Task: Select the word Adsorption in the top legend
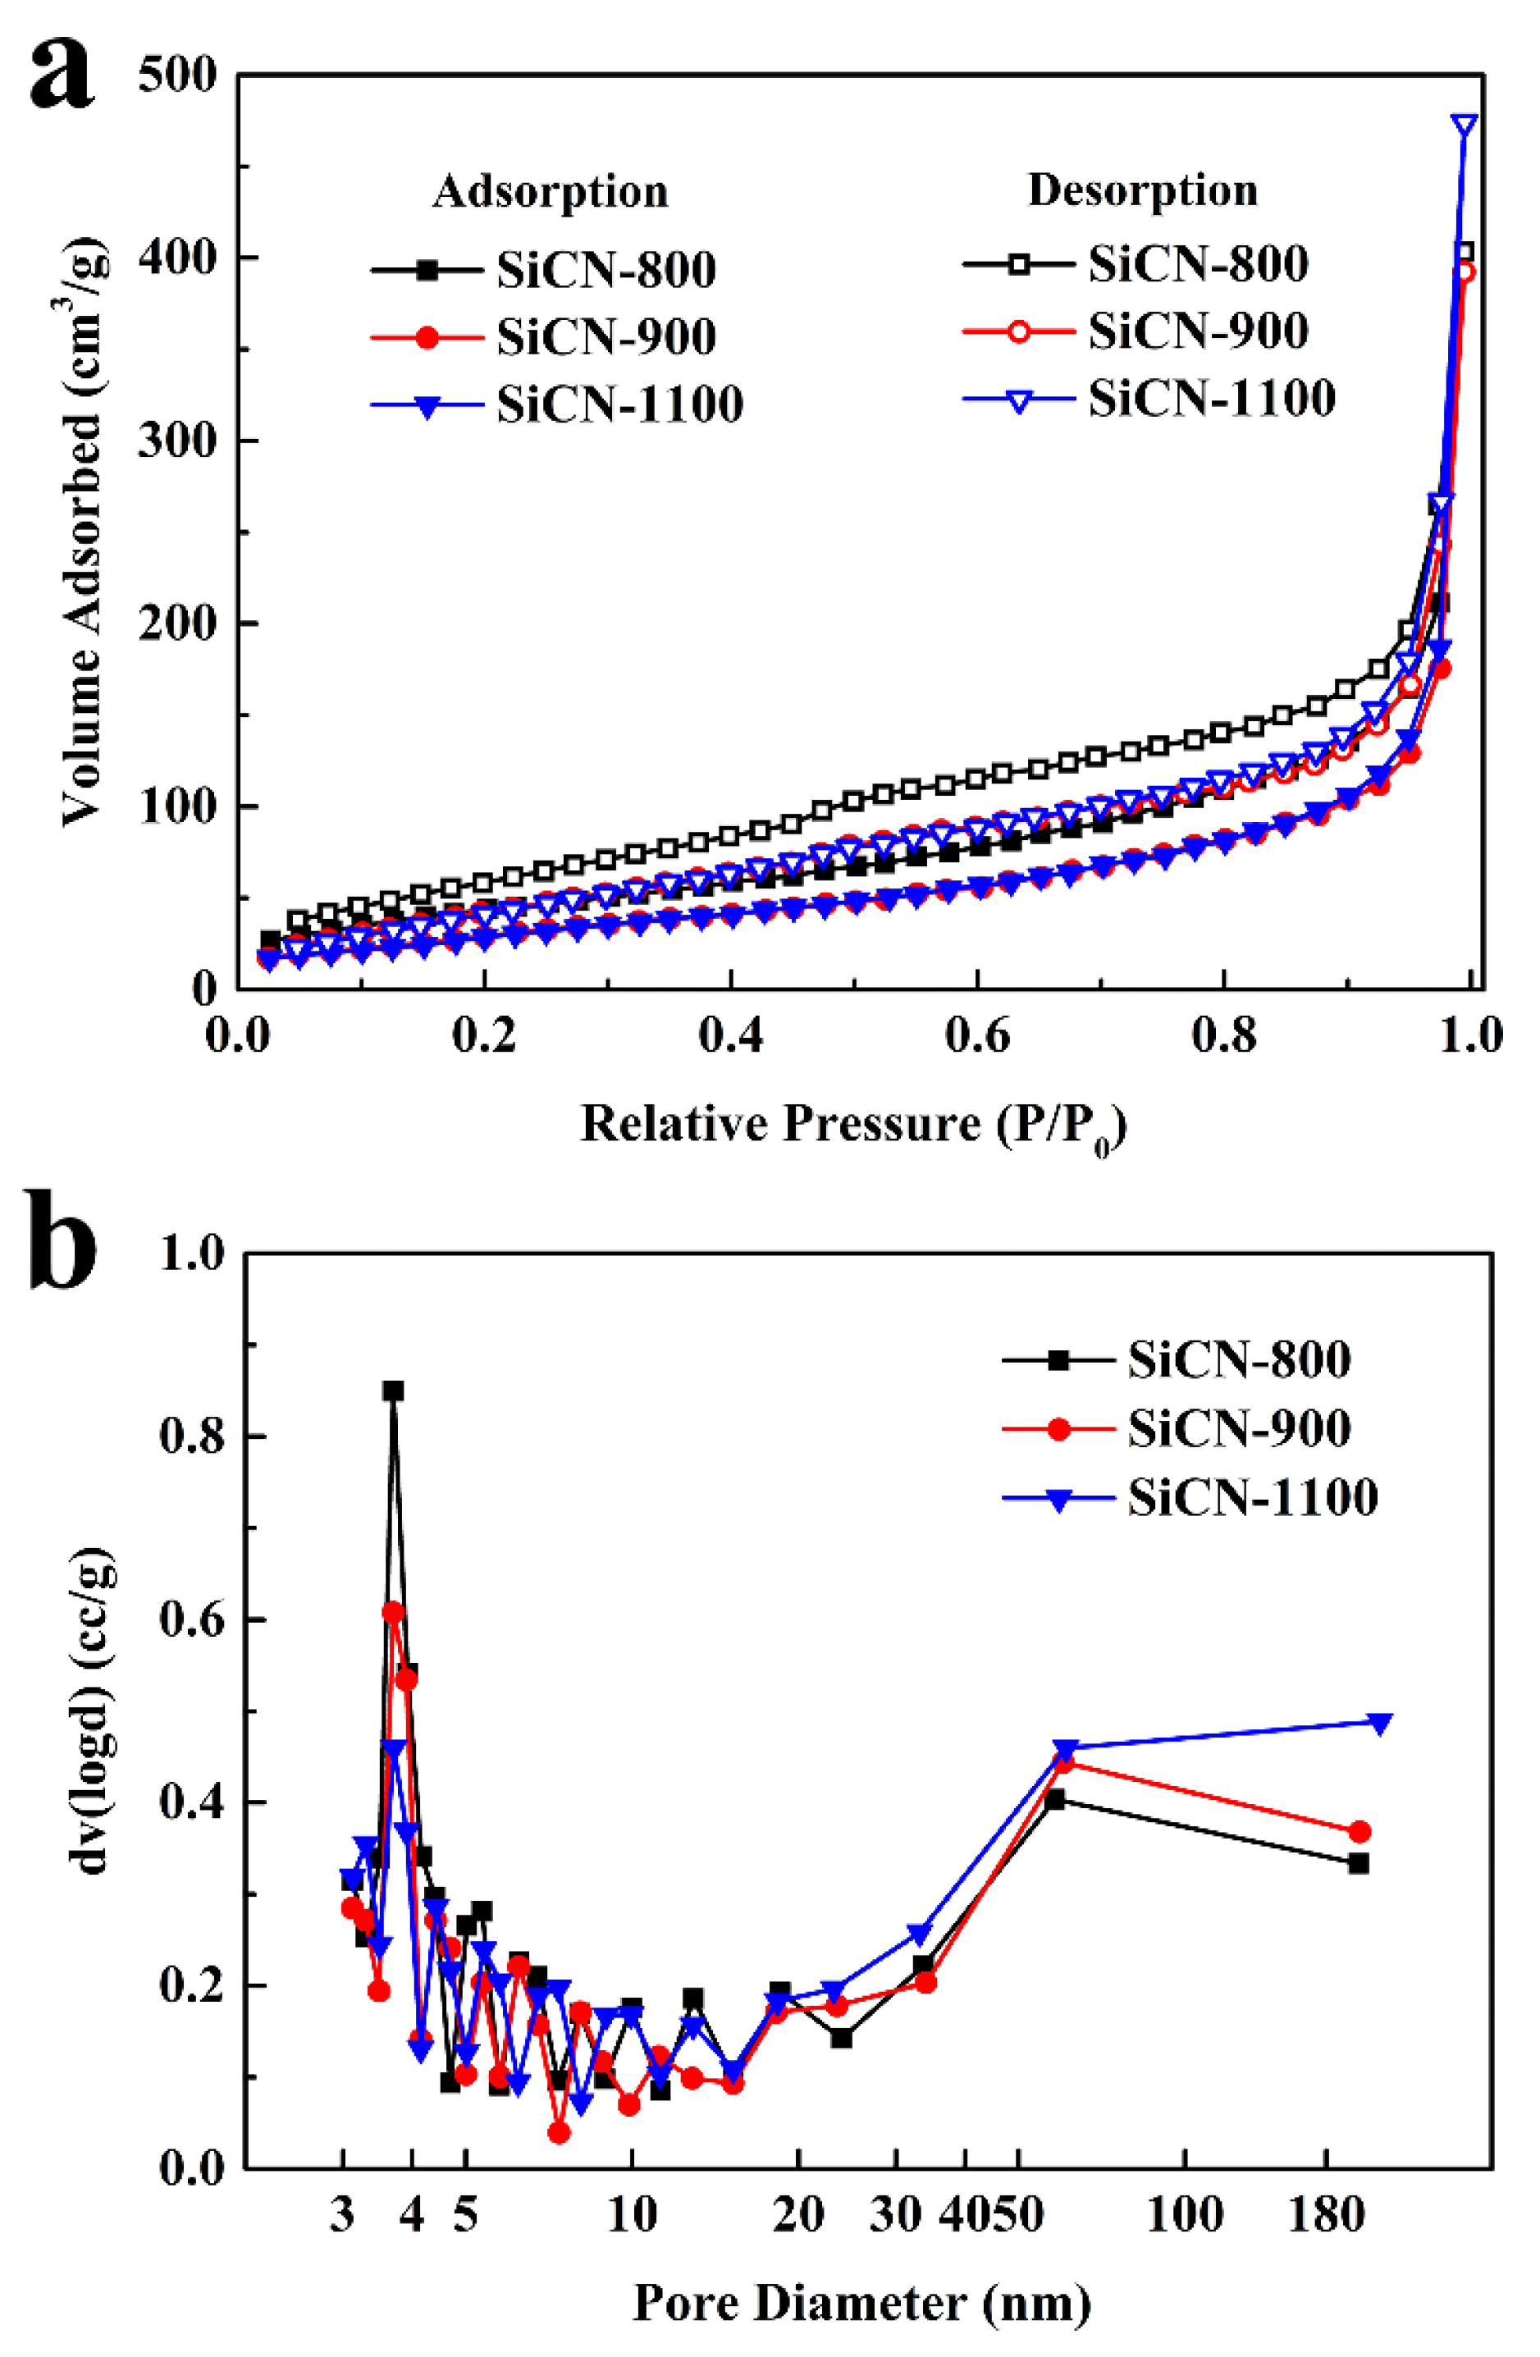coord(550,191)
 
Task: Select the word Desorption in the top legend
coord(1143,190)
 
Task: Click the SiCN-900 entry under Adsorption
coord(605,336)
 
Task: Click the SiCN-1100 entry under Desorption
coord(1211,398)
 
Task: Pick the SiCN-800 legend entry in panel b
coord(1238,1359)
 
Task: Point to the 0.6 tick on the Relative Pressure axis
coord(977,1036)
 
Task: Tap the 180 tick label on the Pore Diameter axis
coord(1326,2214)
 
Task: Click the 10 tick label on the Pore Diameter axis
coord(631,2214)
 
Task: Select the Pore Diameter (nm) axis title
coord(861,2304)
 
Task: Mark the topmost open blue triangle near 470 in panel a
coord(1464,125)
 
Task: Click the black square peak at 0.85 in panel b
coord(393,1391)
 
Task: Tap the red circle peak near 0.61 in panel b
coord(393,1612)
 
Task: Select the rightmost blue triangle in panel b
coord(1379,1724)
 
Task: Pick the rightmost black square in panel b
coord(1359,1864)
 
